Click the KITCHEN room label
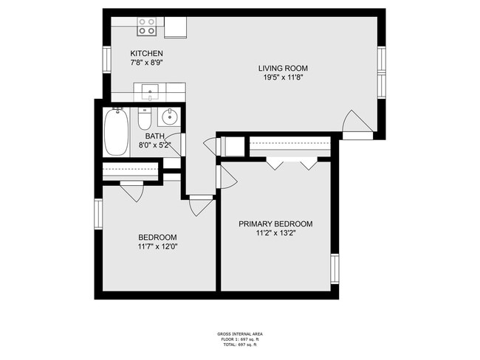point(147,53)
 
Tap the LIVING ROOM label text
point(283,68)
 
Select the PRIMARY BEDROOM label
point(276,224)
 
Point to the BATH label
point(155,136)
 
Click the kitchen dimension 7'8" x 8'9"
point(147,63)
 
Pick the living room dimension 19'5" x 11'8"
point(283,77)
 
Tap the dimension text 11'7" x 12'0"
point(157,246)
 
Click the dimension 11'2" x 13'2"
point(276,233)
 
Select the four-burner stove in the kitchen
point(147,27)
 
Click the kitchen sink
point(150,92)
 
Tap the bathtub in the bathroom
point(117,131)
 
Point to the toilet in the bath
point(144,118)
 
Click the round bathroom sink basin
point(169,117)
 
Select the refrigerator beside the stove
point(176,27)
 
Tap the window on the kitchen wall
point(107,59)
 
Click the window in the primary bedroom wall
point(335,269)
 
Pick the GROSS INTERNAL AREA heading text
point(240,334)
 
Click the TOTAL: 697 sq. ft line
point(240,345)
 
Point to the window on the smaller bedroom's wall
point(98,214)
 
